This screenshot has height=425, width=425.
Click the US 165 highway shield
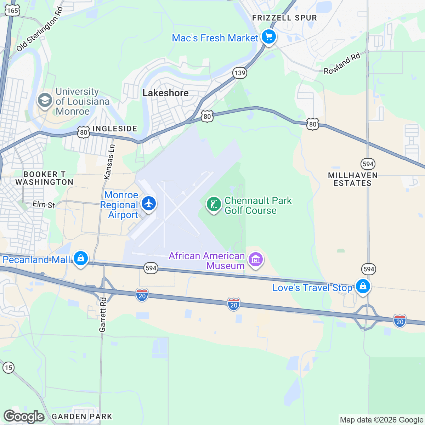pyautogui.click(x=12, y=10)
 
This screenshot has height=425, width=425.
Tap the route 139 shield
pyautogui.click(x=240, y=73)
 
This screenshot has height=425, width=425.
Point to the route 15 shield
pyautogui.click(x=8, y=367)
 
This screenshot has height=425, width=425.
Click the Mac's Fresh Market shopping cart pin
pyautogui.click(x=268, y=37)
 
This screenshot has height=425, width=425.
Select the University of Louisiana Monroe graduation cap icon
pyautogui.click(x=45, y=101)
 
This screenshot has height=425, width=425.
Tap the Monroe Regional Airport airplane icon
pyautogui.click(x=149, y=204)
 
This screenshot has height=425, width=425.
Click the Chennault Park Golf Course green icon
pyautogui.click(x=214, y=204)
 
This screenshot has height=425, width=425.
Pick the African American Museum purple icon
pyautogui.click(x=255, y=260)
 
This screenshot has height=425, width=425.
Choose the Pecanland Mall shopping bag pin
pyautogui.click(x=81, y=259)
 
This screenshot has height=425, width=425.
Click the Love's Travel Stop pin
pyautogui.click(x=363, y=287)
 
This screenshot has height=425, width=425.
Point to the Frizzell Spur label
pyautogui.click(x=284, y=18)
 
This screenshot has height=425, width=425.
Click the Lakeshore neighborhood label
pyautogui.click(x=165, y=93)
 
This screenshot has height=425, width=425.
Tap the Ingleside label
pyautogui.click(x=114, y=129)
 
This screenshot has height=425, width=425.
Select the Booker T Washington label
pyautogui.click(x=44, y=178)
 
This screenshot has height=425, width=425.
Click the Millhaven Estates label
pyautogui.click(x=353, y=179)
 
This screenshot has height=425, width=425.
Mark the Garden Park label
pyautogui.click(x=82, y=416)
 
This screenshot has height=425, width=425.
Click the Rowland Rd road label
pyautogui.click(x=342, y=63)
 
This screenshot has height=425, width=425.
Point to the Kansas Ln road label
pyautogui.click(x=109, y=161)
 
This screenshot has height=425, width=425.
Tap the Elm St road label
pyautogui.click(x=44, y=204)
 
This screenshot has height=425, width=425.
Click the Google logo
pyautogui.click(x=24, y=417)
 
